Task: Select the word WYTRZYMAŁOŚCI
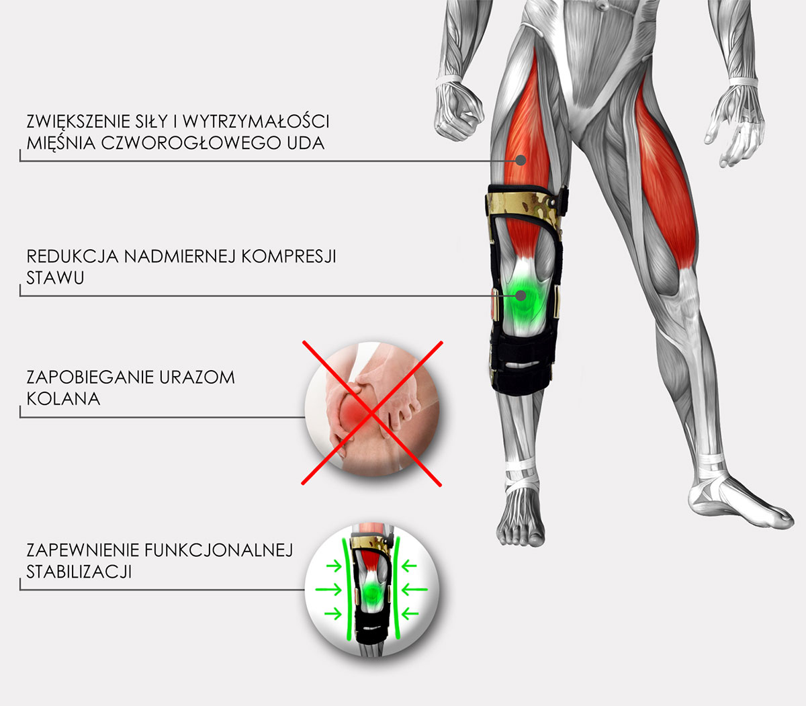(x=256, y=122)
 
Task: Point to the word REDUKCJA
(x=73, y=257)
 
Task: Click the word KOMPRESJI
(x=289, y=257)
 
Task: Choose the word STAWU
(x=55, y=277)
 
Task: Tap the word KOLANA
(x=63, y=399)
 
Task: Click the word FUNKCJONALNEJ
(x=219, y=550)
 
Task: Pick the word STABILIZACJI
(x=79, y=572)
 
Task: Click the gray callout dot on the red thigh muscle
(x=521, y=160)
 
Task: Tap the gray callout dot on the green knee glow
(x=521, y=296)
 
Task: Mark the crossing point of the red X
(x=371, y=413)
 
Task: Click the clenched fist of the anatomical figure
(x=458, y=112)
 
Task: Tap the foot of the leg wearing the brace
(x=520, y=516)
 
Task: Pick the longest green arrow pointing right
(x=328, y=590)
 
